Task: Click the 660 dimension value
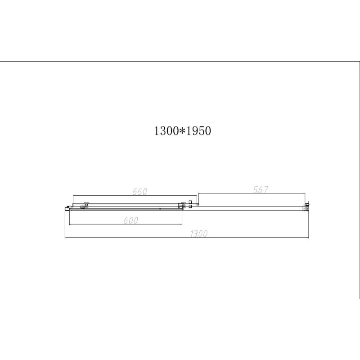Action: (140, 191)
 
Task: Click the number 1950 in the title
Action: (198, 131)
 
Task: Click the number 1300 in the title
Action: (166, 131)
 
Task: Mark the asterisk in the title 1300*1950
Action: (181, 131)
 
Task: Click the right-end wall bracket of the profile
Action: (307, 206)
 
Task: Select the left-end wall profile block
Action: (68, 207)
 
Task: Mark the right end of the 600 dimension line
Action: (182, 224)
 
